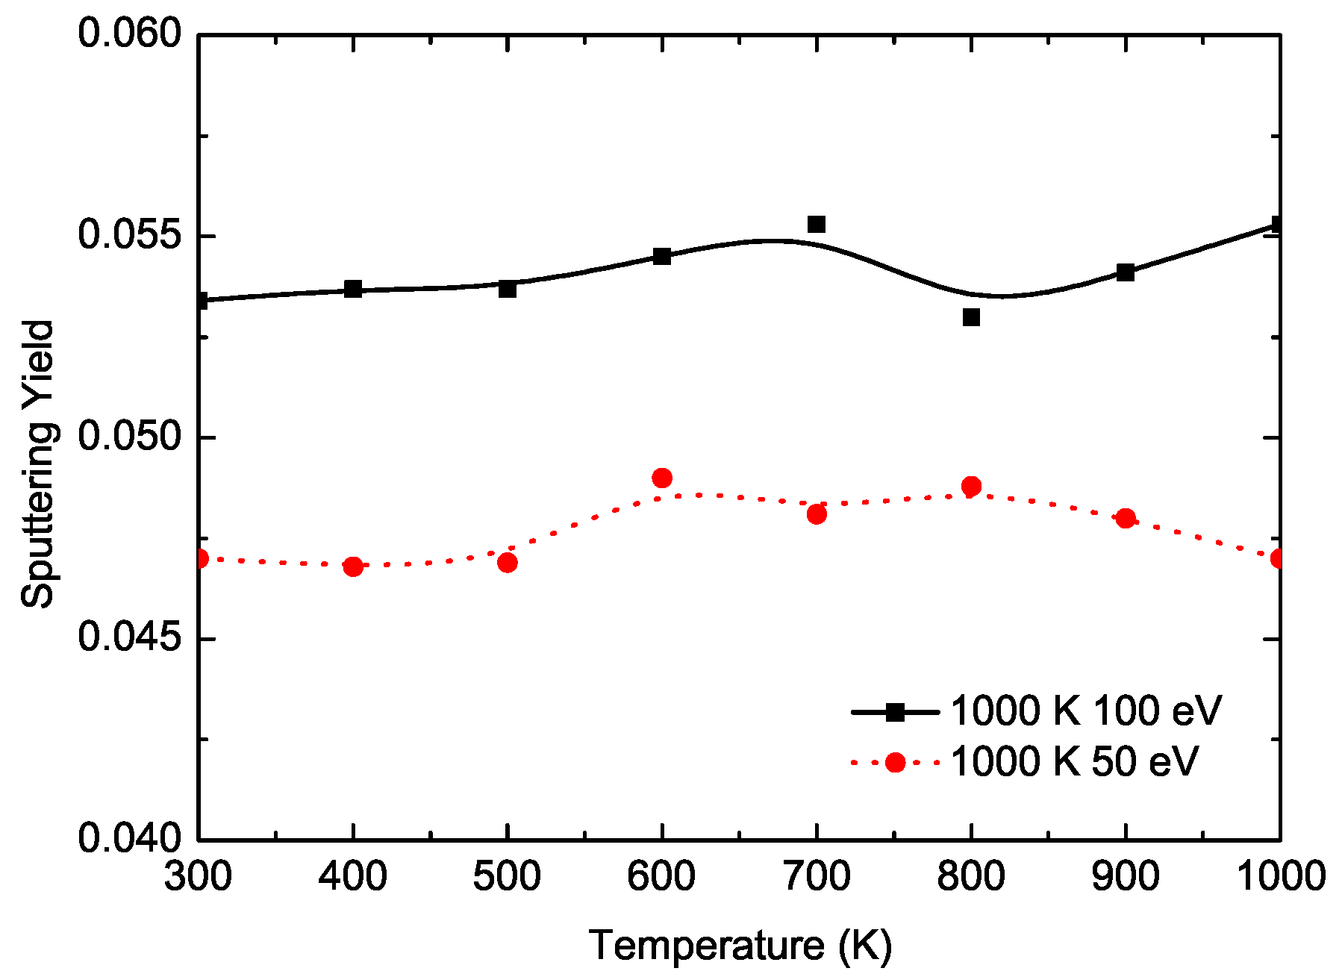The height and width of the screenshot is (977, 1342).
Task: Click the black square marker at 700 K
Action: click(x=817, y=225)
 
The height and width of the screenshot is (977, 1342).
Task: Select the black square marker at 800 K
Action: click(x=971, y=317)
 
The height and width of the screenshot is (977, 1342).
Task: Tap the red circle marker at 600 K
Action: click(x=662, y=478)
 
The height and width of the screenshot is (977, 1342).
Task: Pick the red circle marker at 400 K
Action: click(x=353, y=566)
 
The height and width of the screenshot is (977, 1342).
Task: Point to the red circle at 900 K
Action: click(x=1126, y=519)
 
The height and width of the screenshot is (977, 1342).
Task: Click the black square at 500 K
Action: click(x=508, y=289)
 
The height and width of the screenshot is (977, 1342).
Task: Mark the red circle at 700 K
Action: click(x=817, y=514)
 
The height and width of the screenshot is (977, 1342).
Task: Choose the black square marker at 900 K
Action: click(x=1126, y=272)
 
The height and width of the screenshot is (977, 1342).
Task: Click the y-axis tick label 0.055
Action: click(x=131, y=236)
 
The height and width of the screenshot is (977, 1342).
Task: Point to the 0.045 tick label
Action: click(x=131, y=639)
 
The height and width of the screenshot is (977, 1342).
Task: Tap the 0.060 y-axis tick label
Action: click(x=131, y=34)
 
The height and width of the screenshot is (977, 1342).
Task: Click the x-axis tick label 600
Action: click(x=661, y=875)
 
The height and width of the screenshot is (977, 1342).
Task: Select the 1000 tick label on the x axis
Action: click(x=1281, y=875)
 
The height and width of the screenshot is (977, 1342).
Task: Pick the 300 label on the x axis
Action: click(x=198, y=875)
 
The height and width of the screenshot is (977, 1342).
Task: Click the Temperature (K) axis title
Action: click(x=740, y=946)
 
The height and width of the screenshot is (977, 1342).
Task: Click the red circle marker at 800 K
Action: click(x=971, y=487)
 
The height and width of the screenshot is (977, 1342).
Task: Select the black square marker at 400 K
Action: click(x=353, y=289)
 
